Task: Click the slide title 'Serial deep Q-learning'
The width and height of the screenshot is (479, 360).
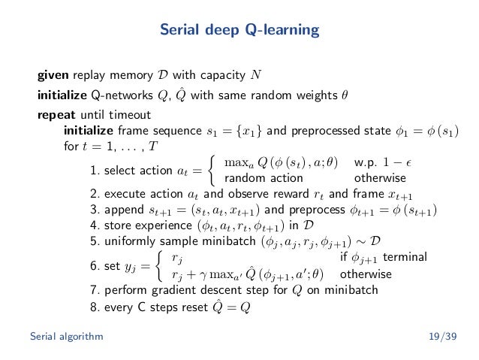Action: point(239,31)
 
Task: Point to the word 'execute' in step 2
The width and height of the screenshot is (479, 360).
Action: point(122,194)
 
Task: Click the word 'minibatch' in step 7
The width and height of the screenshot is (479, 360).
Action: point(354,290)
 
